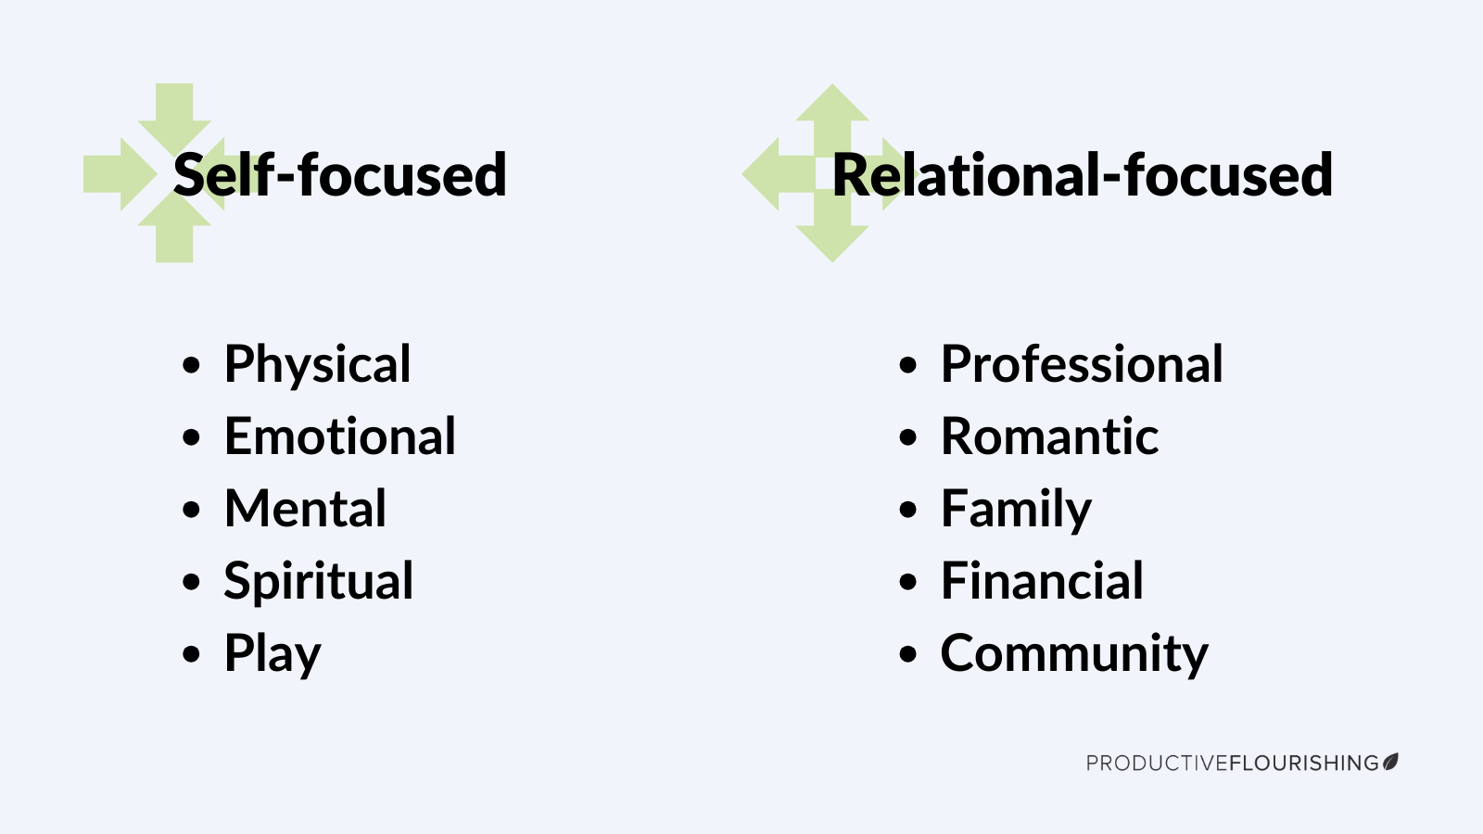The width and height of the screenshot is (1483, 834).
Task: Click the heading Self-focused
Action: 339,175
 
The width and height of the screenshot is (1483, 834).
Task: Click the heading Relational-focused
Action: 1083,175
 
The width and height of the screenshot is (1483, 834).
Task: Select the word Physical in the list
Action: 317,364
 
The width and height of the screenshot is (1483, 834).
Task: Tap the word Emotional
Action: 339,436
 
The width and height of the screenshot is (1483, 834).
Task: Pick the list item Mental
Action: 305,509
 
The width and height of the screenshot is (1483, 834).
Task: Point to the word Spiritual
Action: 319,581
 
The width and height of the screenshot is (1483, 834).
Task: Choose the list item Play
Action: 273,654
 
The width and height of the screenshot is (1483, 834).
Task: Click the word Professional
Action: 1082,364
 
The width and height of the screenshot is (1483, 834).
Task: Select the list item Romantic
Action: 1049,436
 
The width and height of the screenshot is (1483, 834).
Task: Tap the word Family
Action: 1016,510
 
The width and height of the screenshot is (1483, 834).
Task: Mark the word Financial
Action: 1042,580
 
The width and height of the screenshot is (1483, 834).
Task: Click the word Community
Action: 1074,654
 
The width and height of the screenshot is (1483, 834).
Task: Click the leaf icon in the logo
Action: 1390,762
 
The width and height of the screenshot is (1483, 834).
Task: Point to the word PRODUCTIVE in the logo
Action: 1158,764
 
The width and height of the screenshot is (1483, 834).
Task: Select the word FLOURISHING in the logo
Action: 1304,764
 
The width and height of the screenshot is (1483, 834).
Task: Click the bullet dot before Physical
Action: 191,365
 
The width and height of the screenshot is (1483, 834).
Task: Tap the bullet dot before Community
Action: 907,654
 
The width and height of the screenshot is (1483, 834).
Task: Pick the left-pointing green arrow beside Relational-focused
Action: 779,174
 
